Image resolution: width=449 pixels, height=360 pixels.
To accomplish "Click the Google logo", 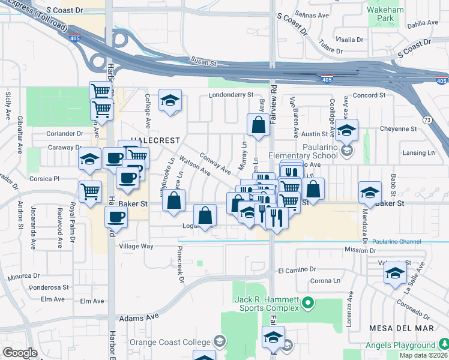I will point(20,352).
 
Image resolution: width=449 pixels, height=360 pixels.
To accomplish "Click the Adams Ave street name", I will point(139,317).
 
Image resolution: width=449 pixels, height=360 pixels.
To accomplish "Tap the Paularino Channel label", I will point(396,241).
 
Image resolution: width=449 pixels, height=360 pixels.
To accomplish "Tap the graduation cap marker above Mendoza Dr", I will point(370,191).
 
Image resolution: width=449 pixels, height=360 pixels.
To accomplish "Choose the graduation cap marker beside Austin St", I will point(346,130).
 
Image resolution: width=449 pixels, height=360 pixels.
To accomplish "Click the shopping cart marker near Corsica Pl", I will point(90,192).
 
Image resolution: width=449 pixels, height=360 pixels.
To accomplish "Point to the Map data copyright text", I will point(423,355).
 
